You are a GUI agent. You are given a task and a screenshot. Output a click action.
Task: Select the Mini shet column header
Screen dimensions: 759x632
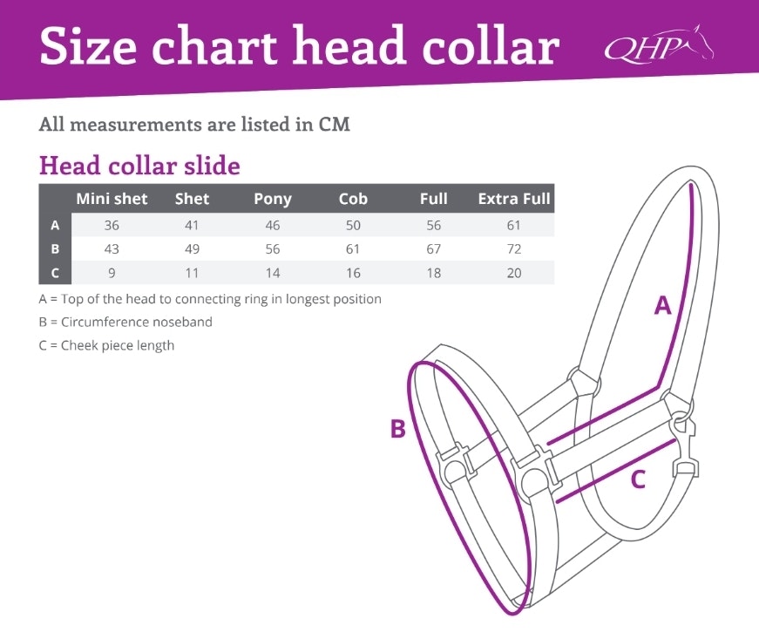coord(112,199)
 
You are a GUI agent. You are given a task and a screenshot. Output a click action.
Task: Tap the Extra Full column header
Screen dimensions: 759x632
coord(514,199)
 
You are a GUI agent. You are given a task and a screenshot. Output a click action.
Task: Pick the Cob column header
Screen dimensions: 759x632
coord(353,199)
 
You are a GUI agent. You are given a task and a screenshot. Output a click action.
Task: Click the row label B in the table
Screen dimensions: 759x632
coord(55,249)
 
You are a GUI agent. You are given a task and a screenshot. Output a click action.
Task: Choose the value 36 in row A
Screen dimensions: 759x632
coord(112,225)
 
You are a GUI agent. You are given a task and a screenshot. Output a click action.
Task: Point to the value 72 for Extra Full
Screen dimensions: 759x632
coord(514,249)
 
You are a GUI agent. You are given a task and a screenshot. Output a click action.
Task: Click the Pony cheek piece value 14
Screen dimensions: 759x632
coord(273,273)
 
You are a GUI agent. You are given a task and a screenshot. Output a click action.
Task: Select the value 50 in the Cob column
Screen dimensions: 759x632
coord(353,225)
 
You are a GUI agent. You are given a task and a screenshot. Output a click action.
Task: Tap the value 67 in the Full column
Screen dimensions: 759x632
coord(433,249)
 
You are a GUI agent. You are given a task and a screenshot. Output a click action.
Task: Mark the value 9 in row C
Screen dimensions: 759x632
coord(112,273)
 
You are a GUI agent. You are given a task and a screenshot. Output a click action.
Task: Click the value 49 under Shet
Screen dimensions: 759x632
coord(193,249)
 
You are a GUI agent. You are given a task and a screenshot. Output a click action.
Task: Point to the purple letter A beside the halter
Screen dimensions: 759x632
coord(662,305)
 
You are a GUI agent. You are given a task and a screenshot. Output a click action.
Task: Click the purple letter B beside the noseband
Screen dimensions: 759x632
coord(398,429)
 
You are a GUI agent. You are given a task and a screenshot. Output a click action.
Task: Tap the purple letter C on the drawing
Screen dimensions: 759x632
coord(638,479)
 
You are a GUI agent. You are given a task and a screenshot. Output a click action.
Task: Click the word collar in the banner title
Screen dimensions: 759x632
coord(491,46)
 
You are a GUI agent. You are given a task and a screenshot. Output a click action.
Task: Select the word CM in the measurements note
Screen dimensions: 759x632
coord(334,125)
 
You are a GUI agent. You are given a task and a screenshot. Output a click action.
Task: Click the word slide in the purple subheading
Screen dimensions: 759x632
coord(212,166)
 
